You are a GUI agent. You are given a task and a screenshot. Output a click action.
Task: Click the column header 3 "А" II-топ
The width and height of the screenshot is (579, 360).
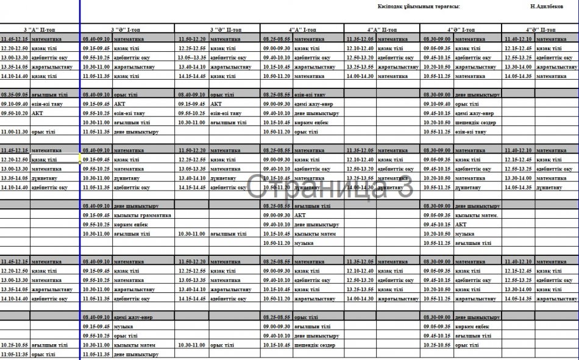point(40,29)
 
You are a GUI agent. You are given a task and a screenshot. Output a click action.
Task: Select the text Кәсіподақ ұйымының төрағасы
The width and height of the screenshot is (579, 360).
point(419,6)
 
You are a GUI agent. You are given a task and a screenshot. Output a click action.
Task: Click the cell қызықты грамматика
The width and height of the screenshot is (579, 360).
point(142,216)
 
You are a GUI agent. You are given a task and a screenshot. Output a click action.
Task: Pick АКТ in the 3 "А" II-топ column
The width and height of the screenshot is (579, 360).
point(37,113)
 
